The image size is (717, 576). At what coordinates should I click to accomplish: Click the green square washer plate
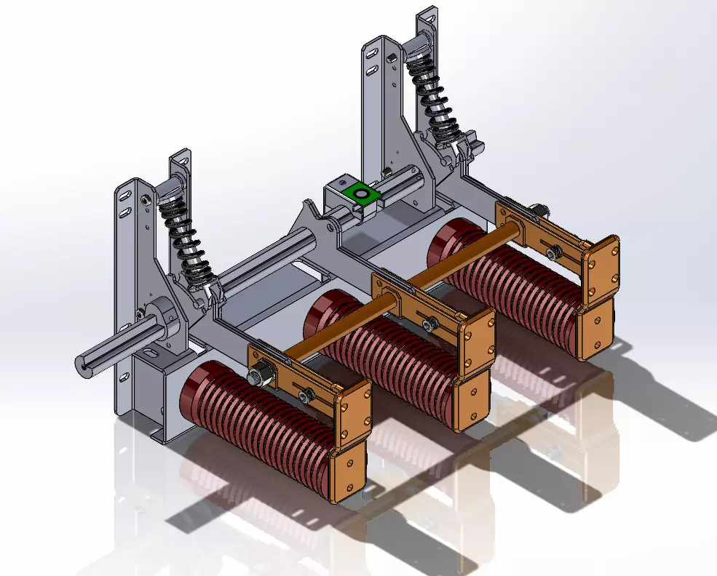(x=361, y=194)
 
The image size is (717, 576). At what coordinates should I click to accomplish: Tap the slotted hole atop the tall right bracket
(x=372, y=53)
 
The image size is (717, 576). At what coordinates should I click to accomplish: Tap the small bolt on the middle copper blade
(x=429, y=322)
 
